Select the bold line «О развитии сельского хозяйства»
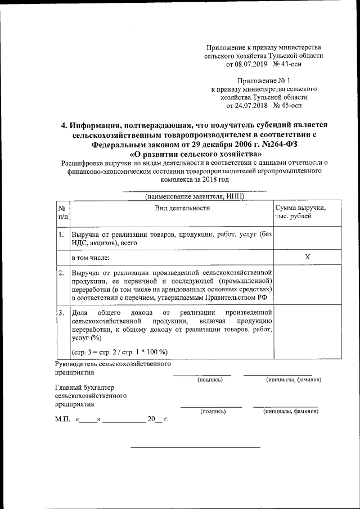[195, 154]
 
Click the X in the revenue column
[307, 257]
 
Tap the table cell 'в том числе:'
[90, 258]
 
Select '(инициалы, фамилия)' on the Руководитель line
[293, 380]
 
